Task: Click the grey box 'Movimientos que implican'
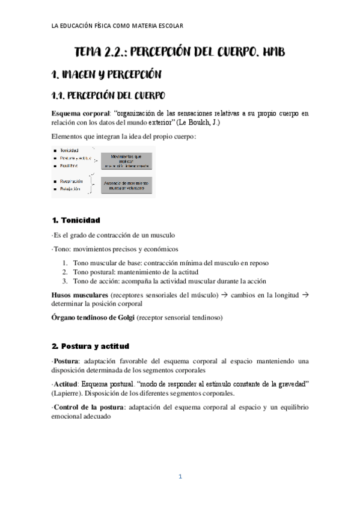point(124,160)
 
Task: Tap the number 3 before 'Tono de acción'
point(65,281)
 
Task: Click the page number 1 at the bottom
point(180,477)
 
